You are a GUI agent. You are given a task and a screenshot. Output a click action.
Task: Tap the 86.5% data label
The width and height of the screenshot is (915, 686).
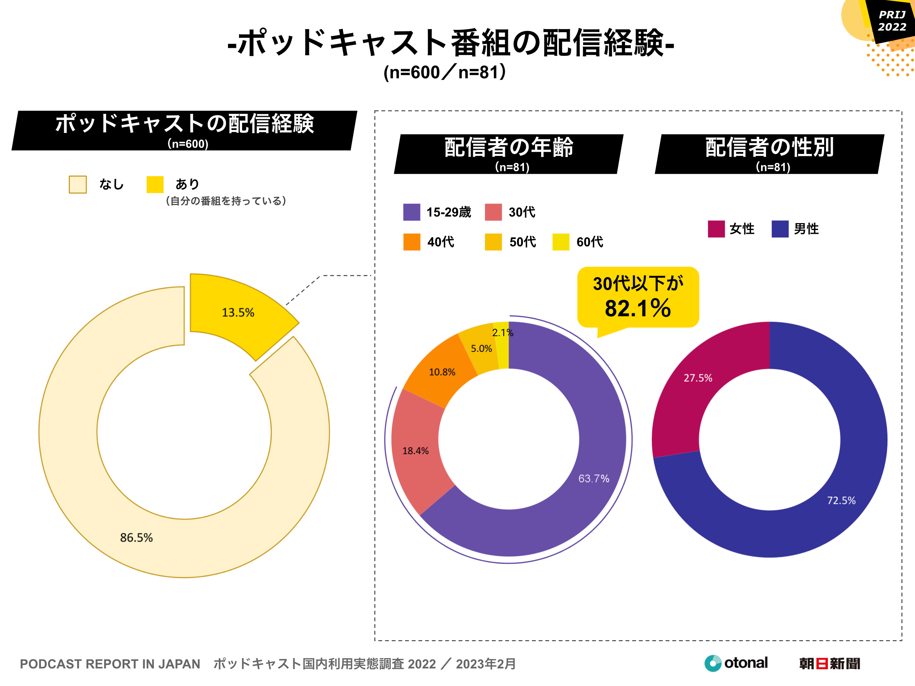[136, 537]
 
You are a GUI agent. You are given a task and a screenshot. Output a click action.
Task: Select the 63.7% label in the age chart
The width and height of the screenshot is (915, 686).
[593, 479]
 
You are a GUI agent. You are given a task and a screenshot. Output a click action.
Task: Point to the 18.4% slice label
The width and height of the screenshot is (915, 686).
[415, 451]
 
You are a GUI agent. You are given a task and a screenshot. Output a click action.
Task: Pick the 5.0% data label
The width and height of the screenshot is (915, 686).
[481, 349]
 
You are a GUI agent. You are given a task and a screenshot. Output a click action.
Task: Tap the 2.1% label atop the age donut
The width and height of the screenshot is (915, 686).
[503, 333]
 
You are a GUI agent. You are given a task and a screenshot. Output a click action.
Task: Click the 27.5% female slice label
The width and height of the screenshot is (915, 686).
[698, 378]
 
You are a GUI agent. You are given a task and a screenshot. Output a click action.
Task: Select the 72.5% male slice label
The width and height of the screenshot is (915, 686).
[841, 501]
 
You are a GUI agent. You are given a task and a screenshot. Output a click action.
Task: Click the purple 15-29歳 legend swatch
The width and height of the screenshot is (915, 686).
[412, 212]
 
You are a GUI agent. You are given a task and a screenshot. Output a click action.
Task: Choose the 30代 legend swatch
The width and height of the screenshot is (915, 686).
[493, 212]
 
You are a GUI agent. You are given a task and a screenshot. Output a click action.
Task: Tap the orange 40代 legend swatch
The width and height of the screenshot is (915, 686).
[412, 242]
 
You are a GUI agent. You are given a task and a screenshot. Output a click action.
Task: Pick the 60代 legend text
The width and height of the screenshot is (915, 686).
[590, 242]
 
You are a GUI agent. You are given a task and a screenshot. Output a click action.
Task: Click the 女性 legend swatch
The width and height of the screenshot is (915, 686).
[716, 229]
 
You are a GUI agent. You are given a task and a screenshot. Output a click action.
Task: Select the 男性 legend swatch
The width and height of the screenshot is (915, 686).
[780, 229]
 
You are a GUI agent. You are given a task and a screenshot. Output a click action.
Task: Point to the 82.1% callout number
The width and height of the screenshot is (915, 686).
[637, 309]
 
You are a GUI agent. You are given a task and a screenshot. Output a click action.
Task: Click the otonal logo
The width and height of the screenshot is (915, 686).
[736, 663]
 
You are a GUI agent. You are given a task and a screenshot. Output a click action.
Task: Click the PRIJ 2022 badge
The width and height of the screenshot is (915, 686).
[891, 21]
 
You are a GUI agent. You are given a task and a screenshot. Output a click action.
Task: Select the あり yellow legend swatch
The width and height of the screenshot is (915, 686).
[155, 184]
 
